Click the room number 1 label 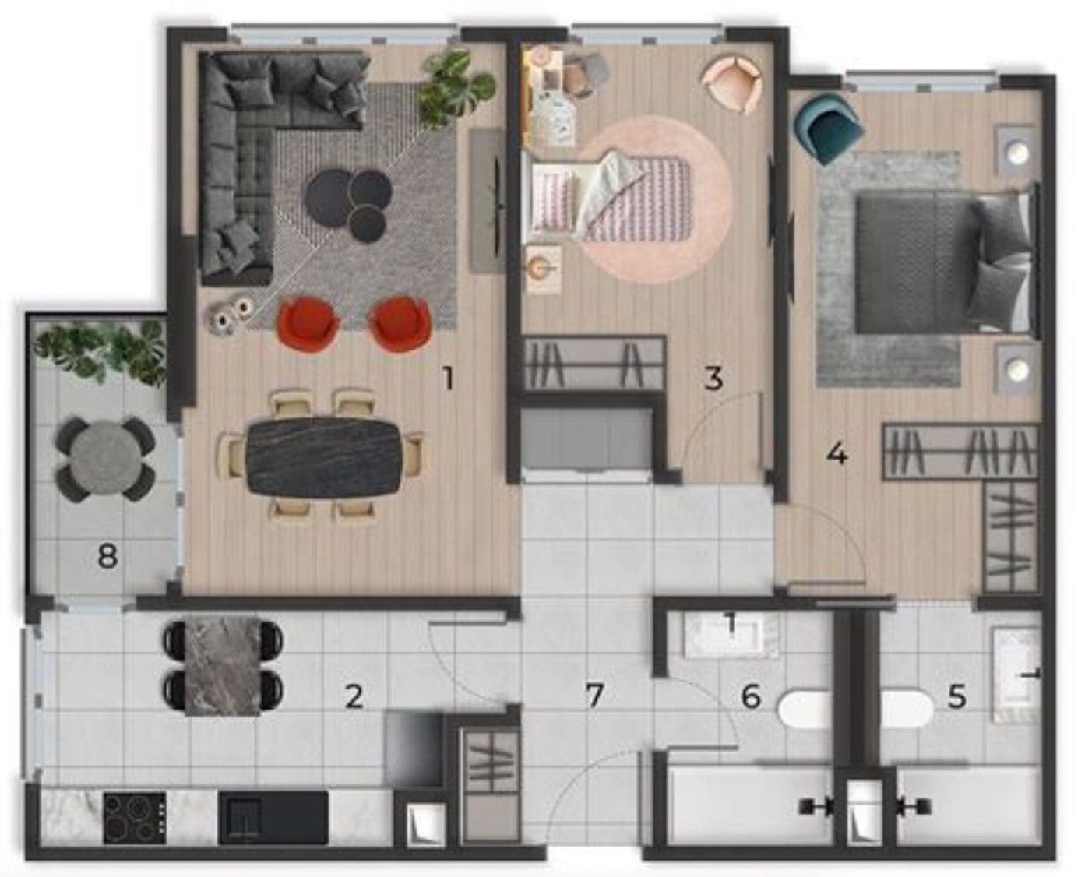click(x=447, y=379)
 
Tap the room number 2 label click(x=354, y=697)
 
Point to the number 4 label click(x=837, y=454)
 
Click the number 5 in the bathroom click(x=956, y=697)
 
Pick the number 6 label click(x=751, y=697)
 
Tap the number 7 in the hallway click(x=594, y=697)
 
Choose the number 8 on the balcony click(x=107, y=556)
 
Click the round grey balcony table click(x=105, y=459)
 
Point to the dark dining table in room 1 click(x=323, y=457)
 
